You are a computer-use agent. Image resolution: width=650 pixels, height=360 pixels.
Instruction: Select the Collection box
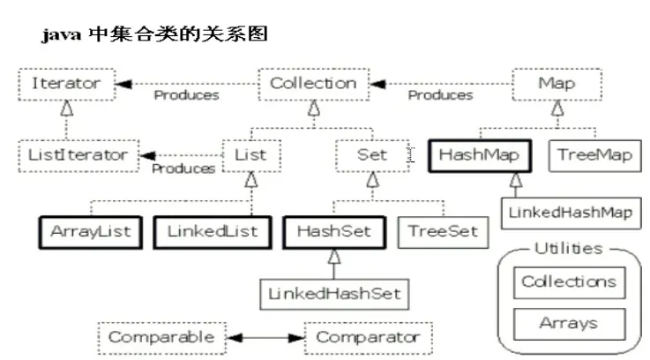[x=312, y=85]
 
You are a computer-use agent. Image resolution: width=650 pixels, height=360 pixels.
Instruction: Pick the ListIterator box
[x=78, y=156]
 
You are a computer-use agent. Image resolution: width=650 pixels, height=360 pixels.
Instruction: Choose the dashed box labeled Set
[x=372, y=156]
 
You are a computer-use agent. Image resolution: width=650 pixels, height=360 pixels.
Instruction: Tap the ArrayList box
[x=91, y=231]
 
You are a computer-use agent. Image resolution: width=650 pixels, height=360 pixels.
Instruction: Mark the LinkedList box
[x=212, y=231]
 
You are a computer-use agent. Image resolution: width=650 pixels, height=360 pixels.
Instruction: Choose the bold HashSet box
[x=333, y=231]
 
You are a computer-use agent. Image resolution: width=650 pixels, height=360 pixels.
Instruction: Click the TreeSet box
[x=442, y=231]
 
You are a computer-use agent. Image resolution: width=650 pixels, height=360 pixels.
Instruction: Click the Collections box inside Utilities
[x=569, y=282]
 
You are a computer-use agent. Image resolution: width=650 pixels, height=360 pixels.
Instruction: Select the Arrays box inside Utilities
[x=569, y=324]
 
